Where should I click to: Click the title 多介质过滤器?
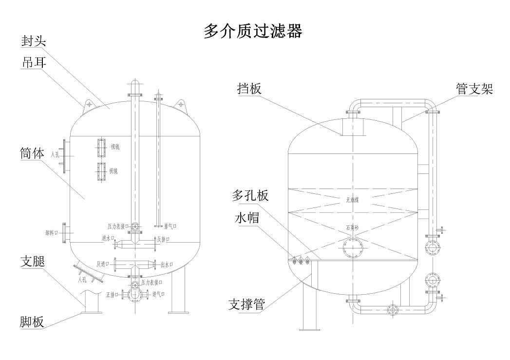(x=253, y=31)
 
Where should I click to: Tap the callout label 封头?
(x=33, y=41)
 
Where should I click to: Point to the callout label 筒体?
(x=33, y=154)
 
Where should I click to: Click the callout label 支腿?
(x=33, y=262)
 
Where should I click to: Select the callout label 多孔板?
(x=249, y=196)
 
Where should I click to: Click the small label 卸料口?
(x=52, y=233)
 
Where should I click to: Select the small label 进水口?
(x=108, y=238)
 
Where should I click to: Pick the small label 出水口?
(x=166, y=265)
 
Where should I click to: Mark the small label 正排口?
(x=112, y=295)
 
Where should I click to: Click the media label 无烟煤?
(x=352, y=200)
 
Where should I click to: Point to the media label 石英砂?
(x=352, y=227)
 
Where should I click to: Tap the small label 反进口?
(x=102, y=264)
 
